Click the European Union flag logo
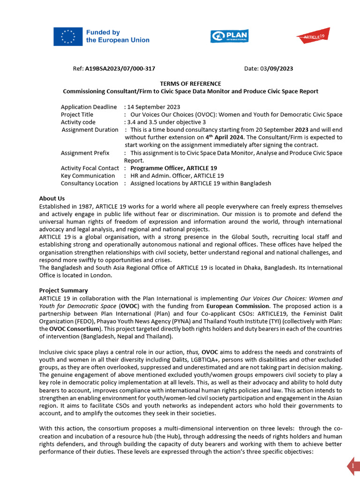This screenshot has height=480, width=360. click(x=67, y=37)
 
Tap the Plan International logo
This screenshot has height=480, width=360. click(x=229, y=36)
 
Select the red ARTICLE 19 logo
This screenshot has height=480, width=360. click(x=313, y=36)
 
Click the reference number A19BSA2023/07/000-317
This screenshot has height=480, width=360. click(x=120, y=68)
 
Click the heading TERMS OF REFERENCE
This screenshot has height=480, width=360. click(x=190, y=83)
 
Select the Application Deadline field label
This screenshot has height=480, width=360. click(x=89, y=107)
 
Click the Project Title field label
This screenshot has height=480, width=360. click(x=77, y=114)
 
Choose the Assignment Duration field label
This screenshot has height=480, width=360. click(x=90, y=129)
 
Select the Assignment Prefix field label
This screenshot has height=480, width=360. click(x=85, y=153)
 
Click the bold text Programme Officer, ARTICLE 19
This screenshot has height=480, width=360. click(x=173, y=168)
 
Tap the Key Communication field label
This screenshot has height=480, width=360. click(x=88, y=175)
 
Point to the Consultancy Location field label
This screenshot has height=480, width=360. click(x=90, y=183)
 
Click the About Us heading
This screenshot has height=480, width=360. click(x=52, y=198)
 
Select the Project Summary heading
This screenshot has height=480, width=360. click(x=63, y=290)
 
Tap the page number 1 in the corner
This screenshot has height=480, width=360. click(x=353, y=466)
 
